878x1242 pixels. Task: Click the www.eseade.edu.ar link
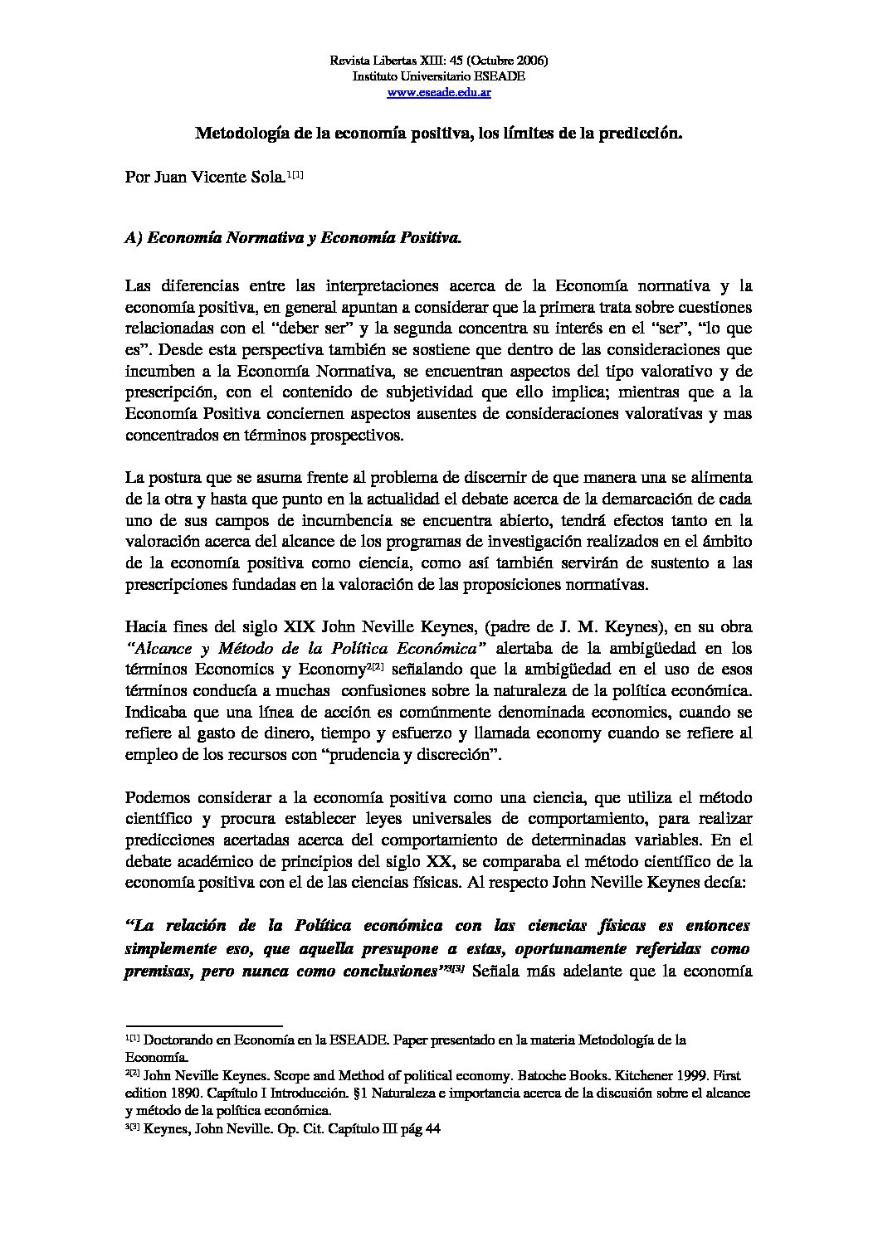439,93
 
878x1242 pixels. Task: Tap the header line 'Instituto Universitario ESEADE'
439,77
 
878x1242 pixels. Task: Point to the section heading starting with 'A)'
293,238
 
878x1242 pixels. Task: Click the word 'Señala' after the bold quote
495,972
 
